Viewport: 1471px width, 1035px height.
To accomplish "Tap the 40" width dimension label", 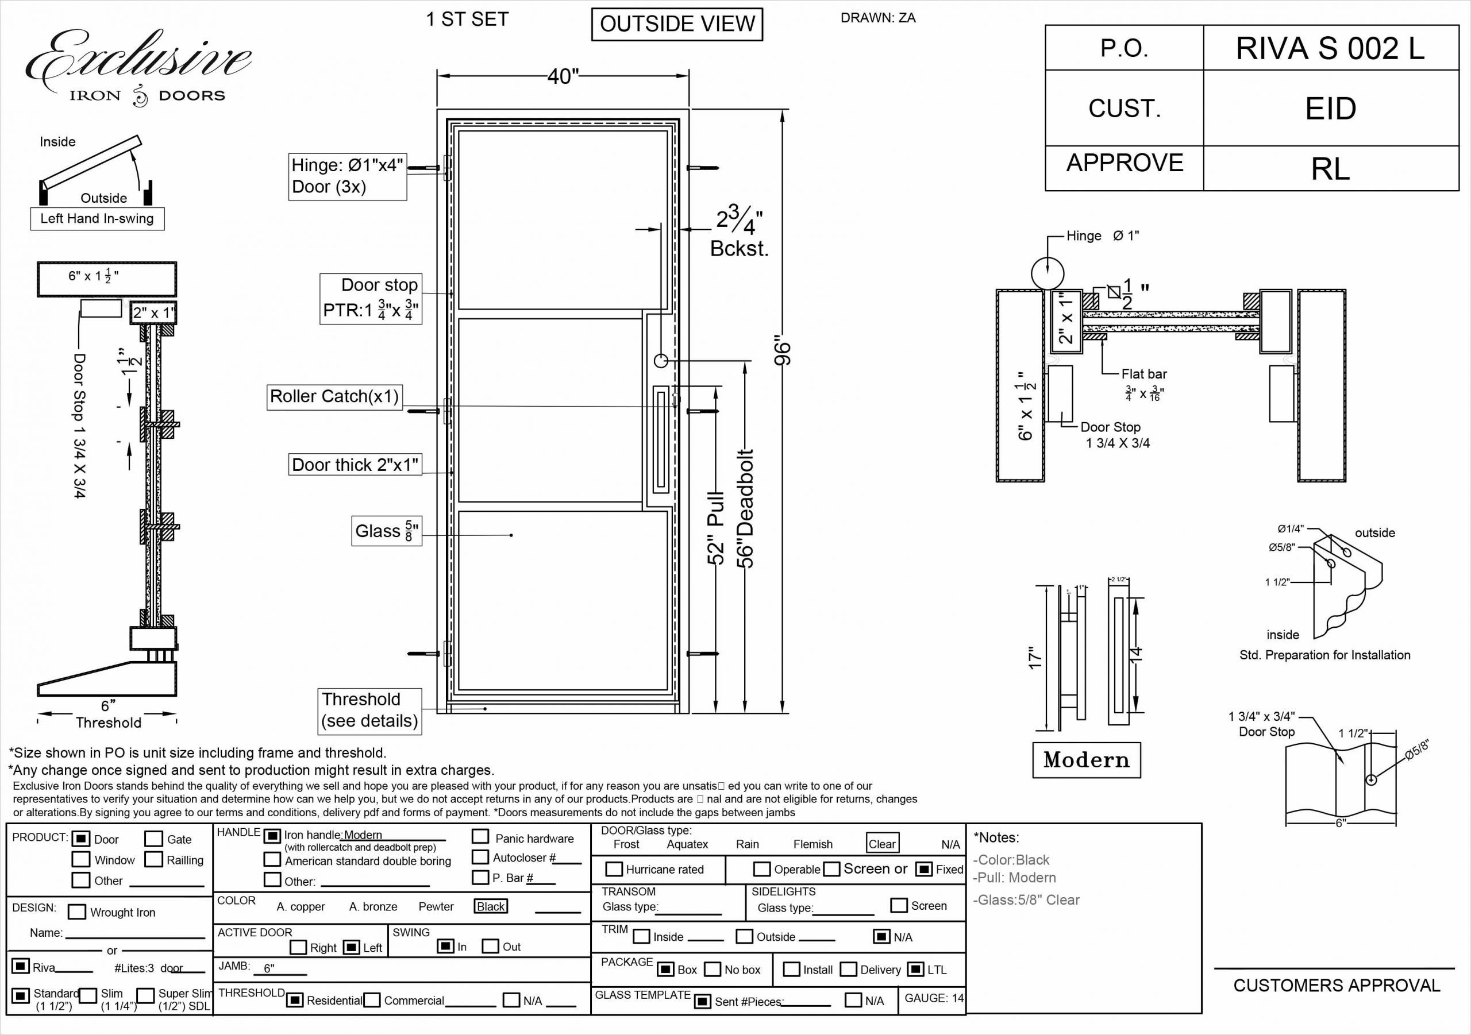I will [x=563, y=77].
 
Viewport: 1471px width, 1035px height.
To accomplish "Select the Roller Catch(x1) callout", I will [x=334, y=396].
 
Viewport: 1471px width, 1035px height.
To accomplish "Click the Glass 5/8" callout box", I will [x=386, y=531].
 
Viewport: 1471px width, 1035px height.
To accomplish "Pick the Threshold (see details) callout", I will [x=369, y=710].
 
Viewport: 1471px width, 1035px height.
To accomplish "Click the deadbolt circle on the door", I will [x=661, y=361].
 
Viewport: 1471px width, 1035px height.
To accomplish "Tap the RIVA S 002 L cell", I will [x=1330, y=49].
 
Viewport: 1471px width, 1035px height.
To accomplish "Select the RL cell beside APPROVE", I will [x=1330, y=169].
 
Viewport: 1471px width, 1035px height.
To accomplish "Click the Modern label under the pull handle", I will [x=1086, y=760].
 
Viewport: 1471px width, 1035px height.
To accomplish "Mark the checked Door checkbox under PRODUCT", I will [x=80, y=839].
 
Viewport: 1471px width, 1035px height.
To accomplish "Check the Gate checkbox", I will [x=154, y=839].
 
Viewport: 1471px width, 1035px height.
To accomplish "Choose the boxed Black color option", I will [x=491, y=906].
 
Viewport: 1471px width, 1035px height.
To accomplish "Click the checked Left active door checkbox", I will [x=351, y=947].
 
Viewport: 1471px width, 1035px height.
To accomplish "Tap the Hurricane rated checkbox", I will [x=614, y=869].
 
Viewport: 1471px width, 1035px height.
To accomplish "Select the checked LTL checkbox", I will [x=916, y=969].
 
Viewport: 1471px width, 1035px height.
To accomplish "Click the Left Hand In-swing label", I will [x=97, y=218].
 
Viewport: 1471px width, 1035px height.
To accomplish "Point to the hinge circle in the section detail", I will [x=1048, y=273].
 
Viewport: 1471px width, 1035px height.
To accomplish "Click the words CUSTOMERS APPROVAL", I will [x=1337, y=986].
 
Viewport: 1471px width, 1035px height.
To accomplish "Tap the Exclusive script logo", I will [x=138, y=61].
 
